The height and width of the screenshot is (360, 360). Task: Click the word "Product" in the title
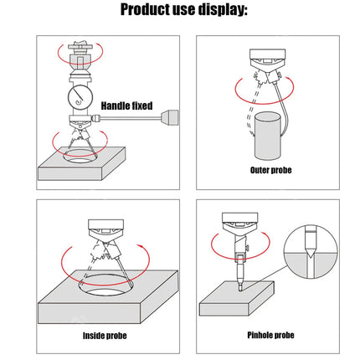(148, 10)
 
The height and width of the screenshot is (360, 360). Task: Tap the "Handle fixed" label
(126, 105)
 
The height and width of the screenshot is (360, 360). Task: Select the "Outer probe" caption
(270, 170)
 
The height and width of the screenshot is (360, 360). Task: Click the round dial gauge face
(81, 95)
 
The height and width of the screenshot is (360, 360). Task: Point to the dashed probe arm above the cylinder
(252, 105)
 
